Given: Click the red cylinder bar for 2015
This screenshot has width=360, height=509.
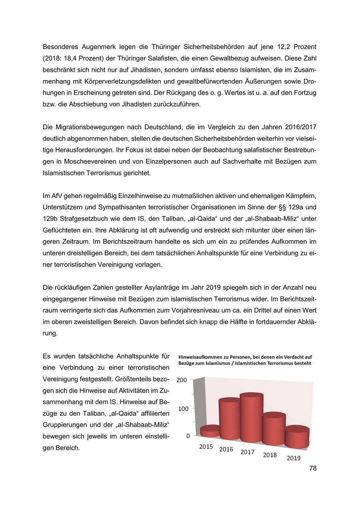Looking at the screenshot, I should (x=210, y=431).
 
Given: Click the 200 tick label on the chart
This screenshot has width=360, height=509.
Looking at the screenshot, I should (x=182, y=380).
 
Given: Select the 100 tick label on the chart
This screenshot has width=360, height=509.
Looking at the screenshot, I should (x=183, y=409).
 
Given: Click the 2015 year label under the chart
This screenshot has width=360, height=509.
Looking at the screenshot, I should (x=206, y=447).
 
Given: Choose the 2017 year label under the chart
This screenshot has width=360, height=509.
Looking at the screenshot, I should (x=247, y=452).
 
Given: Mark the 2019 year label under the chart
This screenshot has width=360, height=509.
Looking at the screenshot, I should (x=294, y=458).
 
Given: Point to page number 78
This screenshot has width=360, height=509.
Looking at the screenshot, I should (x=313, y=468).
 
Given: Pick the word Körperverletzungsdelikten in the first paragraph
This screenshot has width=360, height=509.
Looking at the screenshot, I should (x=114, y=82).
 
